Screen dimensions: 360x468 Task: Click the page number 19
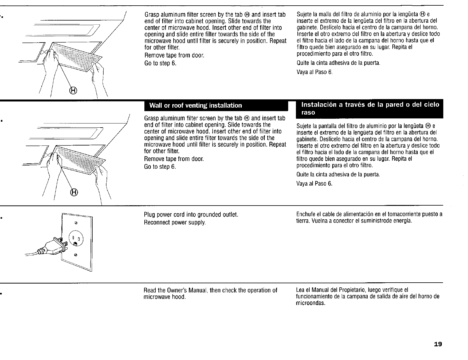coord(438,345)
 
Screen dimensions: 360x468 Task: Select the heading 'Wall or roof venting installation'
coord(196,106)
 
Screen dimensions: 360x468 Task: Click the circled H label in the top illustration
coord(73,90)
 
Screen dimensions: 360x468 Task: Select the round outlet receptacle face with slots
coord(77,238)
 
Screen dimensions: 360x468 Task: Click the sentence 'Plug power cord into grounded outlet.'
coord(191,215)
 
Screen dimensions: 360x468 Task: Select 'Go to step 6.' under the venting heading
coord(160,167)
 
